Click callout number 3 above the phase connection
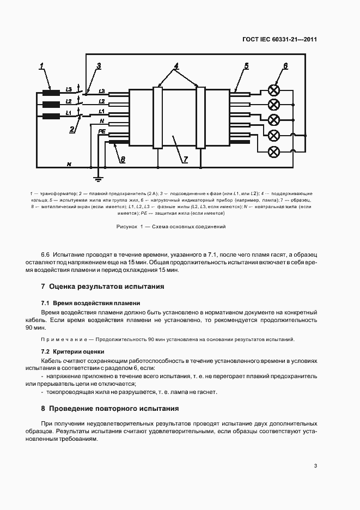99,66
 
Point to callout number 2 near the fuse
71,129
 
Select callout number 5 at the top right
246,66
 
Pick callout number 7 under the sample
185,159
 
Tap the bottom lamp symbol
276,151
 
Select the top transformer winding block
51,92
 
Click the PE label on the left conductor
101,131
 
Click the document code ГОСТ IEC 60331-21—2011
279,39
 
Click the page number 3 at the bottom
315,465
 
